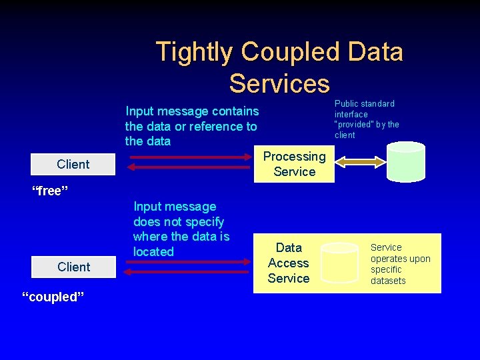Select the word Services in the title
(x=279, y=83)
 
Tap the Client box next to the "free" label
(x=73, y=165)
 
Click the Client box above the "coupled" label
(x=73, y=267)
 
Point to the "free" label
(x=51, y=192)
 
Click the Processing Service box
(x=294, y=164)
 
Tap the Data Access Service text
(x=288, y=263)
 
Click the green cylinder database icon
(x=406, y=162)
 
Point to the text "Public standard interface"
(x=364, y=109)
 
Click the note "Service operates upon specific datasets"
(x=400, y=264)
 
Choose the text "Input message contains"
(x=192, y=111)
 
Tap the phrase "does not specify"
(x=179, y=222)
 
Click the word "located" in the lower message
(x=153, y=252)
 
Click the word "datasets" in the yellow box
(x=388, y=281)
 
